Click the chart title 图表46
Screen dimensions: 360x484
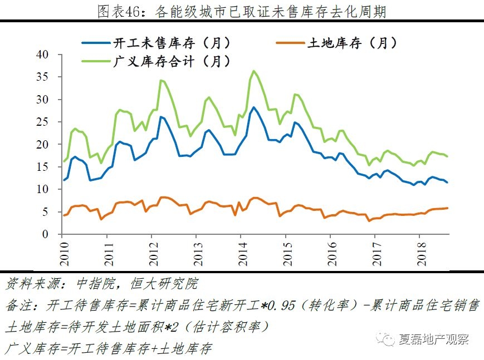[x=241, y=11]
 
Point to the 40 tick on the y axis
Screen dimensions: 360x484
[x=48, y=55]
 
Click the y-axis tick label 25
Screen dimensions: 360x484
[x=48, y=122]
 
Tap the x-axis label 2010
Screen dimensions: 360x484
[x=62, y=250]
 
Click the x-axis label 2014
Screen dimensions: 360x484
[x=241, y=250]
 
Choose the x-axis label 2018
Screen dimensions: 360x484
[x=420, y=250]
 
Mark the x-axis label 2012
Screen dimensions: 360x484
[x=151, y=250]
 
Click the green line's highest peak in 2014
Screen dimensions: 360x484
[x=254, y=71]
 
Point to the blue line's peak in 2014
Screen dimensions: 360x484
[x=254, y=107]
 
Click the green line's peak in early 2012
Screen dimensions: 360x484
[x=161, y=81]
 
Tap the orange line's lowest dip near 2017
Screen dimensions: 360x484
[x=369, y=221]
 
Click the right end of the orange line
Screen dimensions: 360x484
[x=448, y=208]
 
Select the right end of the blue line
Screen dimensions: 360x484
[x=448, y=183]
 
